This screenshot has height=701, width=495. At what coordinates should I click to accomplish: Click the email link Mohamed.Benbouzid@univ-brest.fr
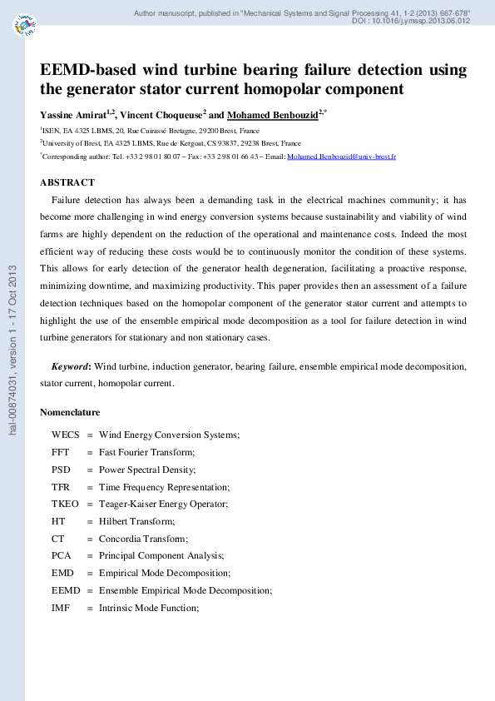pos(341,157)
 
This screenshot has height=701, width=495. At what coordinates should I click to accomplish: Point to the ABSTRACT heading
pos(67,182)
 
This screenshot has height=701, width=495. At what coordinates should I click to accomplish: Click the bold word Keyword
pos(71,366)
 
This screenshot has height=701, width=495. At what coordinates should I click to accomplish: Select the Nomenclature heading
pos(70,412)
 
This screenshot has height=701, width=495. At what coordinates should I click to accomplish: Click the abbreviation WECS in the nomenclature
pos(66,435)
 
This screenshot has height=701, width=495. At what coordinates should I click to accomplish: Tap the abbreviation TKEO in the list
pos(66,504)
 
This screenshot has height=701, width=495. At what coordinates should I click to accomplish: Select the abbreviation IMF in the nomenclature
pos(61,608)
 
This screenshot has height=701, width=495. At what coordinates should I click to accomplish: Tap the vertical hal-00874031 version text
pos(12,350)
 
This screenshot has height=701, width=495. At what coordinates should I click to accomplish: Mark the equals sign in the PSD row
pos(89,470)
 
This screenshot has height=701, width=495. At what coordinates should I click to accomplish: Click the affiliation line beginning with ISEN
pos(150,132)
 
